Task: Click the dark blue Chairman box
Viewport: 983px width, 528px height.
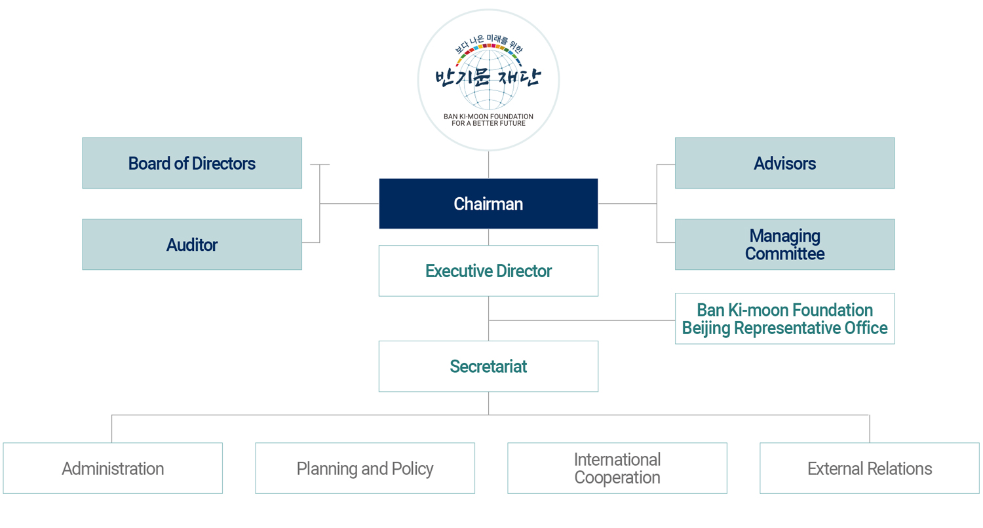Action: click(488, 204)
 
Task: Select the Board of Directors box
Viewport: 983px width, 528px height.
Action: click(192, 163)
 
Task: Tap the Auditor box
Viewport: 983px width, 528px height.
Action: click(192, 244)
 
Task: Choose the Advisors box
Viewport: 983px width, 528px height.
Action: click(784, 163)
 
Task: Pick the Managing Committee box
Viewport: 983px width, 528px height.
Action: click(784, 244)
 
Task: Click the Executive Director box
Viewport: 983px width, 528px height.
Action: click(488, 271)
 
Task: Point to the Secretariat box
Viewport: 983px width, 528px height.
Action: click(488, 366)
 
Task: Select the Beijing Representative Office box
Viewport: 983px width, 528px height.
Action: click(784, 318)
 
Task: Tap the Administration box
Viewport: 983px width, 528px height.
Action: click(113, 468)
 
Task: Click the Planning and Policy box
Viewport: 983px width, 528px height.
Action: click(365, 468)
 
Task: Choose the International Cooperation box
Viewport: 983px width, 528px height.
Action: click(617, 468)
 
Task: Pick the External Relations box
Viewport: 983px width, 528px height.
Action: click(870, 468)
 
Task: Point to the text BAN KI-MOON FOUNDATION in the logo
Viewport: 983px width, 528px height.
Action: click(488, 117)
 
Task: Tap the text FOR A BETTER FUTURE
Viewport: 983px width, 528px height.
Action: click(488, 123)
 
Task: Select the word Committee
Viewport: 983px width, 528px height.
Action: click(784, 254)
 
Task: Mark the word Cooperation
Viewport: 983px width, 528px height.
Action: click(617, 478)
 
